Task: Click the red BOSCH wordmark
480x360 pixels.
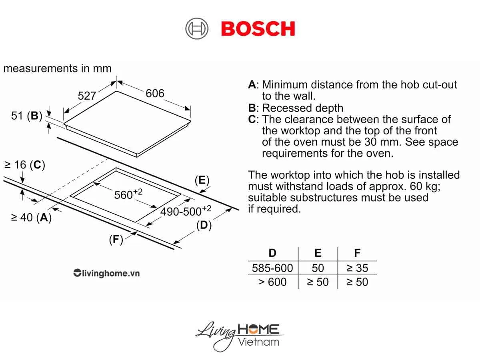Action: click(258, 29)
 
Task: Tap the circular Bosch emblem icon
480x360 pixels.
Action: click(197, 29)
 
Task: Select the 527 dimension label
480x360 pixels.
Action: click(87, 96)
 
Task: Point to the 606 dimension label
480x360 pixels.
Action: click(155, 93)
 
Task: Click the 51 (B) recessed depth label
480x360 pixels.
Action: click(27, 116)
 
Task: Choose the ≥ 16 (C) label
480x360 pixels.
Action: click(24, 165)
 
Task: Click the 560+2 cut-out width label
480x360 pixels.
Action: click(128, 194)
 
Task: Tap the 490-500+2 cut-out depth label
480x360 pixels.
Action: click(186, 211)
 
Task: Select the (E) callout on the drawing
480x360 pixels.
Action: click(202, 180)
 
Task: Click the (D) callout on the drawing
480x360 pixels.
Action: click(204, 225)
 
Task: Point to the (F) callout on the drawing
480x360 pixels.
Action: click(116, 240)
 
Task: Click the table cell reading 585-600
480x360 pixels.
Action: click(272, 268)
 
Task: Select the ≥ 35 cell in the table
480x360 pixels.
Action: click(357, 268)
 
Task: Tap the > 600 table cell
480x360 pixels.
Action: click(272, 282)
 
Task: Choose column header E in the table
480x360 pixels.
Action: click(318, 253)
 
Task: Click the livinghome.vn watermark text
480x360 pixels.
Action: click(106, 274)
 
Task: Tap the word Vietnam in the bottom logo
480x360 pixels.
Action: click(258, 342)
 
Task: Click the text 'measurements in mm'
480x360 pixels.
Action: click(57, 68)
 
